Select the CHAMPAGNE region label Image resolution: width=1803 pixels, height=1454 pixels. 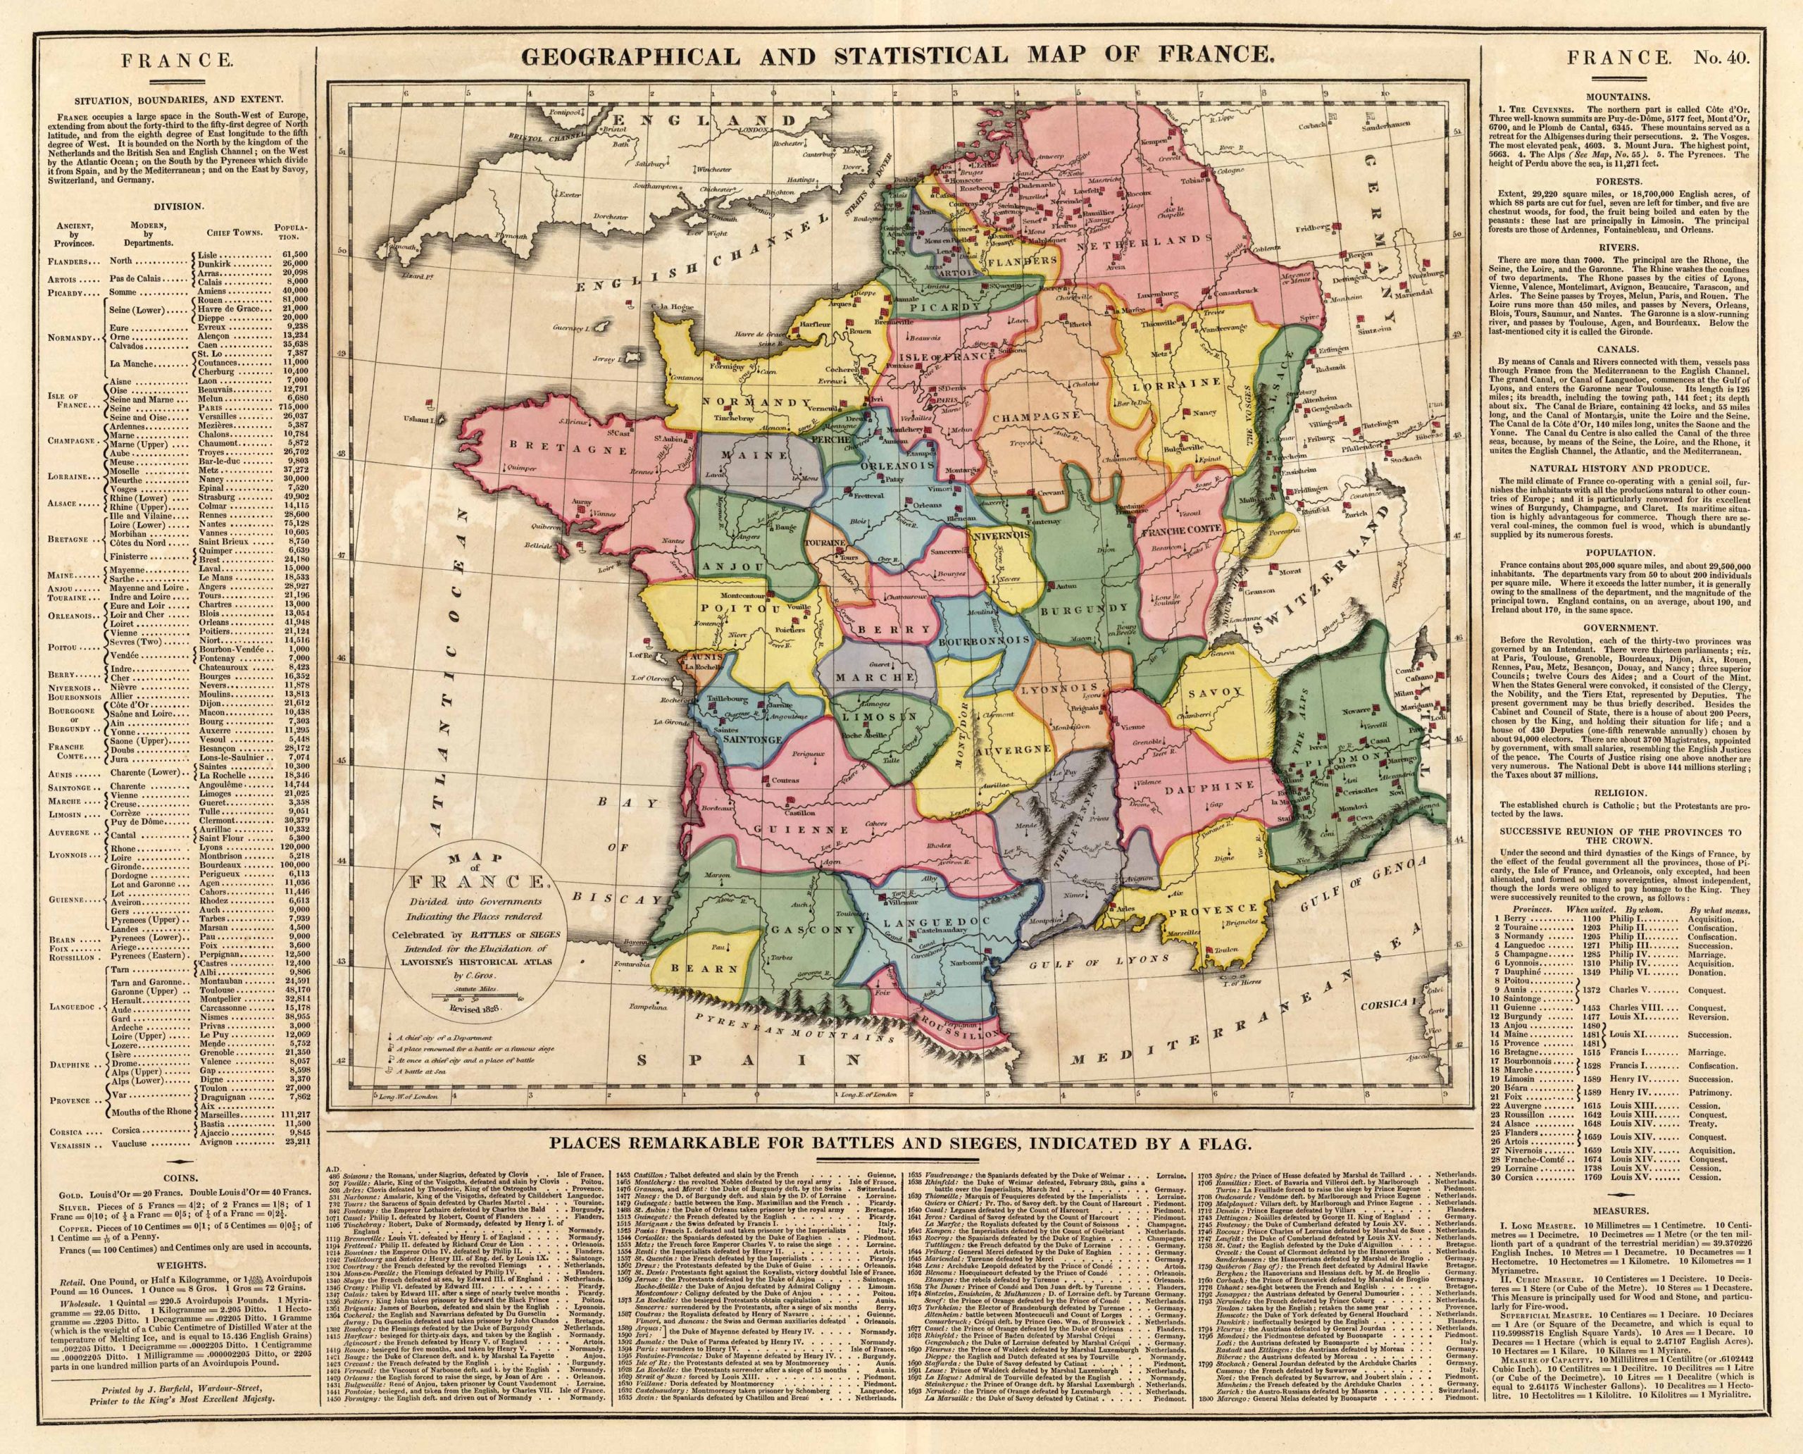pos(1036,415)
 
